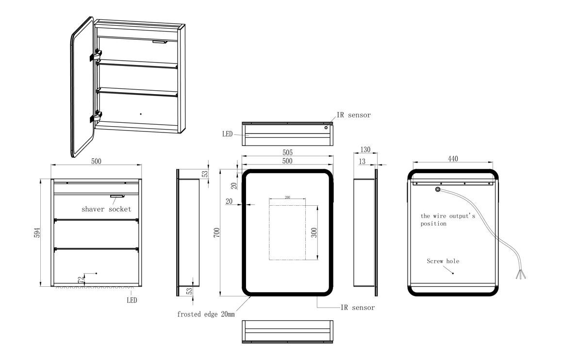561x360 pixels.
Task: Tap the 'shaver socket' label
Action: (x=106, y=209)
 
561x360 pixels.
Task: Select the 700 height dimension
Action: (x=216, y=232)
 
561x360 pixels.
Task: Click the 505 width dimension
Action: (x=287, y=152)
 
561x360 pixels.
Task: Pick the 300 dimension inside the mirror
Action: (x=314, y=233)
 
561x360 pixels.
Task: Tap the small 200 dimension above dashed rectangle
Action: (x=287, y=197)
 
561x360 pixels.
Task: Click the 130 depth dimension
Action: (x=365, y=149)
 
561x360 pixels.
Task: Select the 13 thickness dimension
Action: (x=362, y=162)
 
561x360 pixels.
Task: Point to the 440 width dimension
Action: (x=453, y=159)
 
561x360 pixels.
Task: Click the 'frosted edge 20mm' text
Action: (x=206, y=314)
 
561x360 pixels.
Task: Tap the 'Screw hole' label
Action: (x=443, y=261)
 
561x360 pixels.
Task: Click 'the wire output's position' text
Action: (x=447, y=220)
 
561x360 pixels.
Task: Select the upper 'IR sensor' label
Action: (x=353, y=115)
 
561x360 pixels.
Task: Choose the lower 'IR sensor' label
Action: (x=358, y=308)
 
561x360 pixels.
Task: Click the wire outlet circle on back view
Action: (x=438, y=189)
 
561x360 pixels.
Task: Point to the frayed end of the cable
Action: (x=521, y=274)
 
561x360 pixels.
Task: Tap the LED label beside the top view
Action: (x=227, y=134)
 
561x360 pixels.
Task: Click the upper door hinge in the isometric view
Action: (x=96, y=55)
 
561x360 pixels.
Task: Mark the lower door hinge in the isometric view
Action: (x=96, y=117)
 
